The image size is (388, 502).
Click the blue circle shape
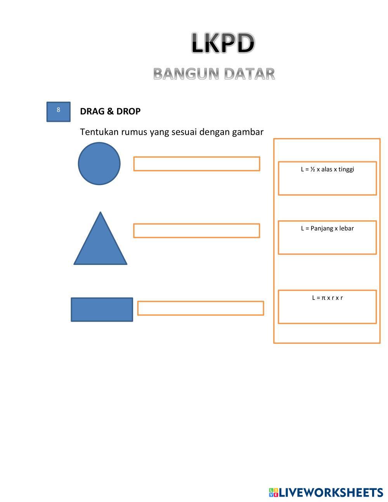pos(99,163)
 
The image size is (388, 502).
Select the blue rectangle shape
pos(102,310)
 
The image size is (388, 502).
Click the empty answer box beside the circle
pos(196,164)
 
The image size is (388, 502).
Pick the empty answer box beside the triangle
pos(196,230)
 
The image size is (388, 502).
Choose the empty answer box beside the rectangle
pos(200,308)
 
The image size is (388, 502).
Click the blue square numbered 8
pos(58,112)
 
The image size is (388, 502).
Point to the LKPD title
pos(223,43)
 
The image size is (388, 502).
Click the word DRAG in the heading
pos(92,111)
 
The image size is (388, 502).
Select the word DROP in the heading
pos(128,111)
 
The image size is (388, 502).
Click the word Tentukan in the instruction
pos(99,132)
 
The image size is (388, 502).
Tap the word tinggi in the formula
pos(346,169)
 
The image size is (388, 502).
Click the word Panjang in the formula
pos(322,228)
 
